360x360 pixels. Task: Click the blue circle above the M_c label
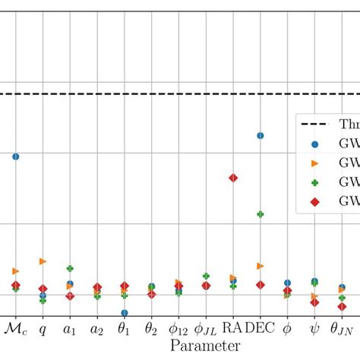15,156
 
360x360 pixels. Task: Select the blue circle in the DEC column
261,136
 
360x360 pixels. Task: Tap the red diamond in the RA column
233,178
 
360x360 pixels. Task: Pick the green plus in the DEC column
261,214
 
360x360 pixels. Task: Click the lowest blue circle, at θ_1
125,312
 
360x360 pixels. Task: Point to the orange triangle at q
43,261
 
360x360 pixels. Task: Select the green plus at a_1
70,269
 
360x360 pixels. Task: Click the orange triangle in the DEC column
261,266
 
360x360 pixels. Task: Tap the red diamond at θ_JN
342,307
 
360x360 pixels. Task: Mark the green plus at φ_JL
206,276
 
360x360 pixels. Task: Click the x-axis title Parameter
205,346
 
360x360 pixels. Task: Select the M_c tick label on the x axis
15,329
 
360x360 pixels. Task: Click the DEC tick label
261,328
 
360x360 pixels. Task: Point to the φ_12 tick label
178,330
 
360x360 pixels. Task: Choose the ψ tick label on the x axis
314,330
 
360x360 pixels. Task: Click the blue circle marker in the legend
316,144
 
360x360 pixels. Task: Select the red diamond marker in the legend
316,201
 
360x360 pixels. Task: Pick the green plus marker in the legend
316,182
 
